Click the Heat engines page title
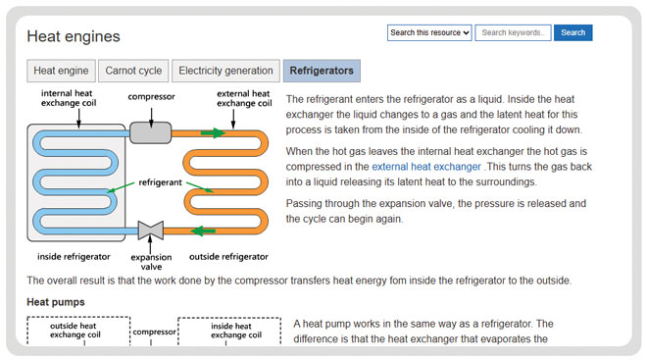click(74, 37)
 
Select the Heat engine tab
click(62, 71)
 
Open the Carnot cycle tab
click(133, 71)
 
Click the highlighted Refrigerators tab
click(322, 71)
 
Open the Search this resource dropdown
click(429, 32)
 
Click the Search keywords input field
click(513, 32)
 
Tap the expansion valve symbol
click(151, 231)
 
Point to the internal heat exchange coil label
click(69, 98)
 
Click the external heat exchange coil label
click(242, 98)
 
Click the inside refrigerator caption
click(68, 256)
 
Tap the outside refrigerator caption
click(227, 256)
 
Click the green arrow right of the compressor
click(212, 131)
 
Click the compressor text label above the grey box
click(152, 97)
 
